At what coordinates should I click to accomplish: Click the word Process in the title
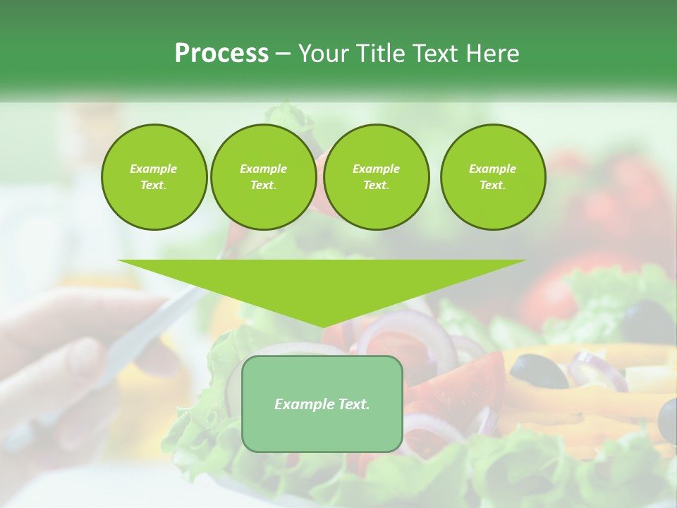pos(221,54)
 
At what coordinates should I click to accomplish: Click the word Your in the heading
pos(323,54)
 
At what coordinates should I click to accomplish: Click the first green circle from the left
pos(154,177)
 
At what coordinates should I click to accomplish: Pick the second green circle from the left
pos(263,177)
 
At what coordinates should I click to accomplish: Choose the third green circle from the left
pos(376,177)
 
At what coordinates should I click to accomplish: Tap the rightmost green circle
pos(492,177)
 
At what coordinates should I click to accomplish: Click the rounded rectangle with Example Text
pos(322,404)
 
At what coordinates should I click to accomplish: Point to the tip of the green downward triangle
pos(322,326)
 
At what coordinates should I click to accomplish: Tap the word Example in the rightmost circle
pos(492,169)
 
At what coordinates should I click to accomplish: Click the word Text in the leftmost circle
pos(153,186)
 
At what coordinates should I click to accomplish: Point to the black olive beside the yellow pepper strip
pos(538,370)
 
